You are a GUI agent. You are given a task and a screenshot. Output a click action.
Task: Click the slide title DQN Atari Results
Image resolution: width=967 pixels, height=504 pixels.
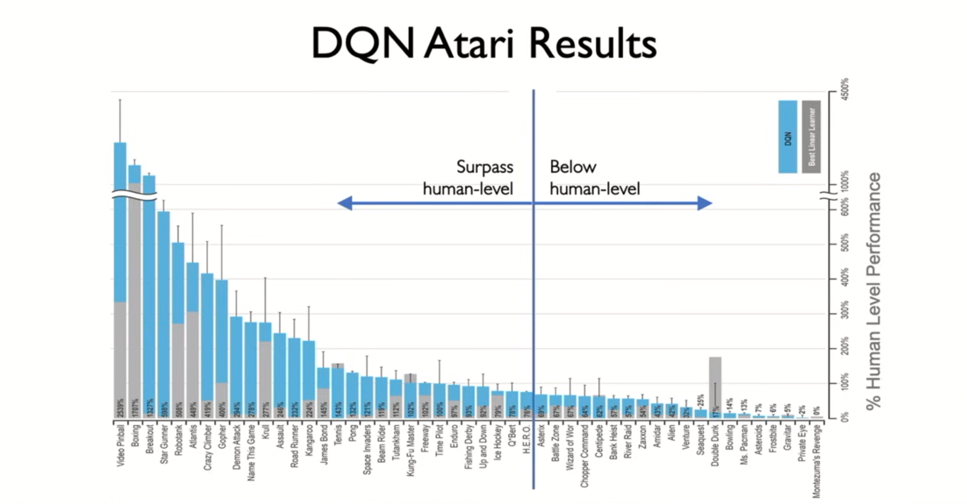tap(483, 42)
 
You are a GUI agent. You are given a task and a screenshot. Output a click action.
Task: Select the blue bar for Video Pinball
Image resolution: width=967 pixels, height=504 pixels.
tap(120, 219)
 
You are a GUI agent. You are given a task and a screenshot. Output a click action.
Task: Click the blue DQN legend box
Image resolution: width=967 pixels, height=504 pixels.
tap(787, 136)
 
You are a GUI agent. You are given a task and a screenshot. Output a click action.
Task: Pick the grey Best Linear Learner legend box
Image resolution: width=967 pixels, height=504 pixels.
tap(811, 136)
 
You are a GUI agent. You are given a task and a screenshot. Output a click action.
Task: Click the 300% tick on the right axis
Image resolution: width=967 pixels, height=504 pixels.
tap(844, 316)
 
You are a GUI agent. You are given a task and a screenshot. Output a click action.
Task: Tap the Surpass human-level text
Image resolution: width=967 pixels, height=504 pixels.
tap(468, 178)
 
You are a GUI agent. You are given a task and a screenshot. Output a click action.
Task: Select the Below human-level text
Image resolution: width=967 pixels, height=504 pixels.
tap(595, 178)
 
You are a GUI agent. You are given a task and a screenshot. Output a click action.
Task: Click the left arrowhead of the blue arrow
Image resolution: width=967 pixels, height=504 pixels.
tap(345, 203)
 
